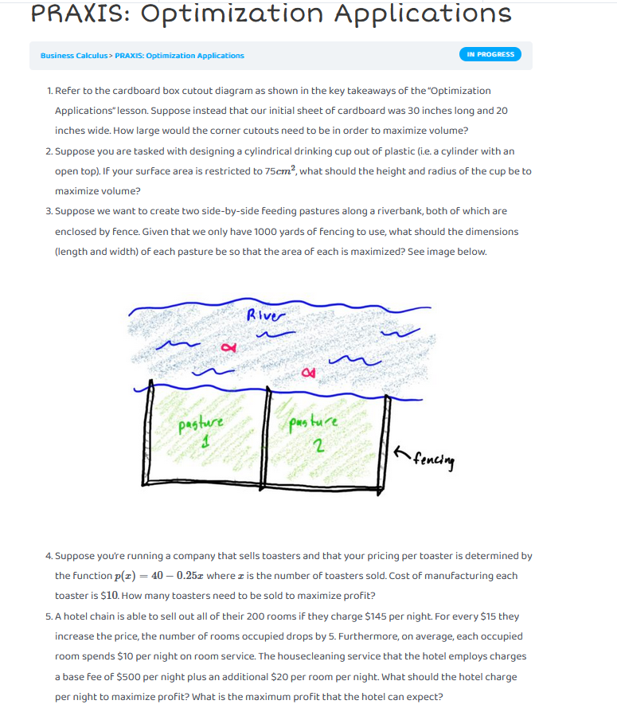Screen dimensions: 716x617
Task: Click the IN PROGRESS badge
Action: (490, 54)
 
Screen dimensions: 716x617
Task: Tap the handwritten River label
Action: (264, 315)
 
